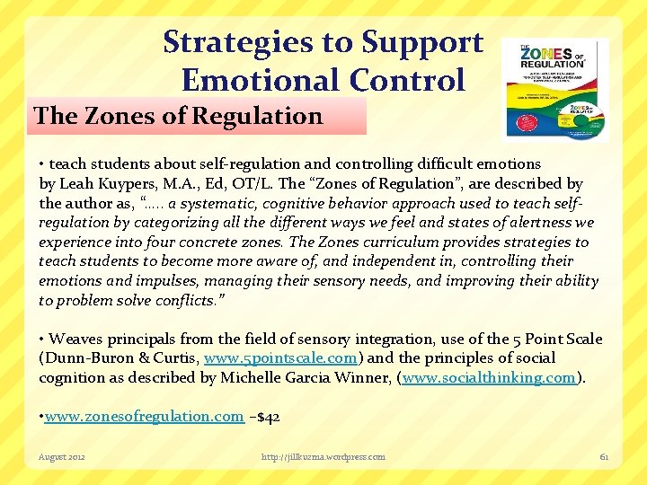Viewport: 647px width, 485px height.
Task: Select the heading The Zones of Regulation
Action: click(x=178, y=116)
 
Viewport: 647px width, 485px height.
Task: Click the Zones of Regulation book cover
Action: click(x=554, y=89)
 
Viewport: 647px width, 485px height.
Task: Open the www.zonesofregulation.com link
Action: click(x=145, y=416)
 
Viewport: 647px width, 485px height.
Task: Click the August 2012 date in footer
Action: click(x=62, y=456)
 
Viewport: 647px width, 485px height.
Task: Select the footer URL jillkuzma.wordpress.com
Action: click(x=323, y=456)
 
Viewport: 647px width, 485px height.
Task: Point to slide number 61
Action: click(x=604, y=456)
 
